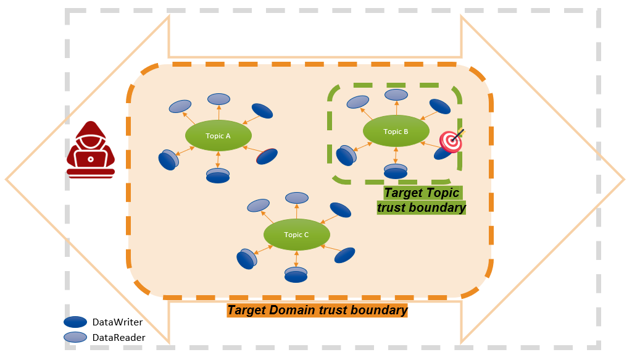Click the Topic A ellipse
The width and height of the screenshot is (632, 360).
218,135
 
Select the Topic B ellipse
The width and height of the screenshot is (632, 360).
396,132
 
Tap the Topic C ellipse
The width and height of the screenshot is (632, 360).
296,235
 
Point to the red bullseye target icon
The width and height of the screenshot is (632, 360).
451,141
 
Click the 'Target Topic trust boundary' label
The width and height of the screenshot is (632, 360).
422,200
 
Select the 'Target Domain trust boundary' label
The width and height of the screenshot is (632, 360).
318,310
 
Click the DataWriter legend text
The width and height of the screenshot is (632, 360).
117,322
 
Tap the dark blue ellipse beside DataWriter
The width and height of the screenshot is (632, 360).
75,322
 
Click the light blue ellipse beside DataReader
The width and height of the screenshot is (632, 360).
75,337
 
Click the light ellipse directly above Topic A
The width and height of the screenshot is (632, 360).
218,99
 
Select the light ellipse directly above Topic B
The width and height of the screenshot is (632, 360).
396,94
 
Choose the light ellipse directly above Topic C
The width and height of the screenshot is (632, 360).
297,198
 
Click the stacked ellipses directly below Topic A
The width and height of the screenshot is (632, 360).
218,175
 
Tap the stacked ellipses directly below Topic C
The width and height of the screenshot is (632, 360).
296,275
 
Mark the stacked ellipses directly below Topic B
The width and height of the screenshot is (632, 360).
396,171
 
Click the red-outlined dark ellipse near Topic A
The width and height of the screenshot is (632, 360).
267,157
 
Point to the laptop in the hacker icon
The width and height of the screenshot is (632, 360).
91,160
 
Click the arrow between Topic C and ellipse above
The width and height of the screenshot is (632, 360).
297,211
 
